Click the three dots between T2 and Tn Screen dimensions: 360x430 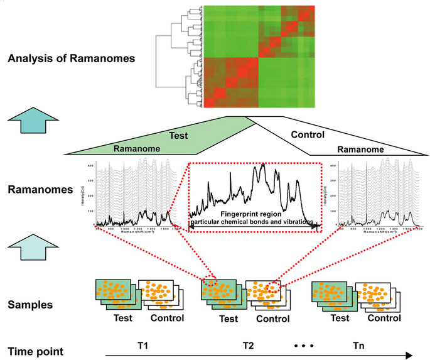pyautogui.click(x=303, y=346)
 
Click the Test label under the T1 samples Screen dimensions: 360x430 pyautogui.click(x=123, y=319)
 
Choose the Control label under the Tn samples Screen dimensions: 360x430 pyautogui.click(x=384, y=319)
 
